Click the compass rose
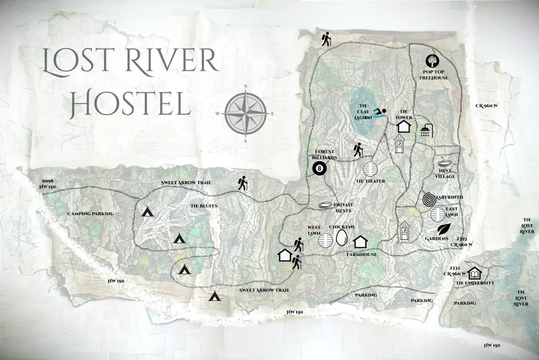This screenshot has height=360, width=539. tap(247, 114)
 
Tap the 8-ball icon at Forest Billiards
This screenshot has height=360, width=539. tap(319, 170)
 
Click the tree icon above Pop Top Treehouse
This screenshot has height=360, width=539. tap(433, 62)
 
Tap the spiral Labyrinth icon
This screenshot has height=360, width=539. tap(428, 198)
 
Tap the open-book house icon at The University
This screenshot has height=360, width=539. tap(475, 273)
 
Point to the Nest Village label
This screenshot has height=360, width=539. tap(446, 175)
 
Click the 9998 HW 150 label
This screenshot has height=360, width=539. tap(48, 183)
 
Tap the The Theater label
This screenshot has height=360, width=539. tap(371, 182)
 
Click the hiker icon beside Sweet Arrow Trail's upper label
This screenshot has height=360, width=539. tap(242, 185)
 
